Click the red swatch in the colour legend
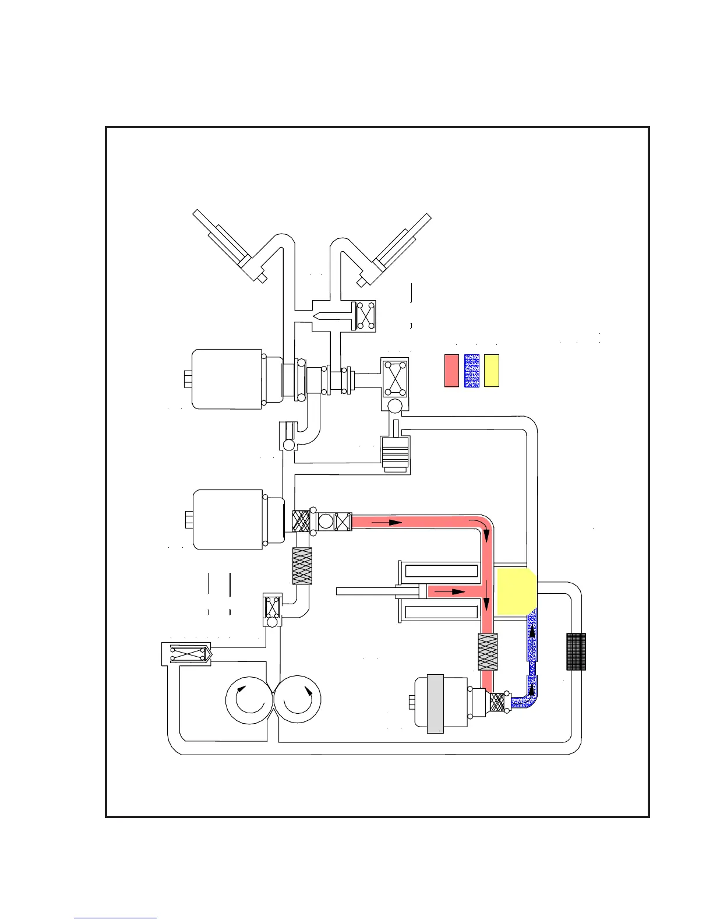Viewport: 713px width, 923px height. [x=451, y=370]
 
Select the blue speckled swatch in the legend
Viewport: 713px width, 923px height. [x=472, y=370]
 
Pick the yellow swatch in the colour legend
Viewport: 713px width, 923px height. [x=492, y=370]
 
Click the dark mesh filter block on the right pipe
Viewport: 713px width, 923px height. [x=576, y=651]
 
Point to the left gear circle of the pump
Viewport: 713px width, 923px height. [x=249, y=699]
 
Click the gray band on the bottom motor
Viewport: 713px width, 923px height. [x=435, y=703]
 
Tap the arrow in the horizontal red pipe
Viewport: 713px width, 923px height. [x=387, y=523]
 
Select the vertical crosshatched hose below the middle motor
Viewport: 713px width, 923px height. [x=302, y=566]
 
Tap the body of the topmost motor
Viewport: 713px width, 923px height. [x=227, y=379]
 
